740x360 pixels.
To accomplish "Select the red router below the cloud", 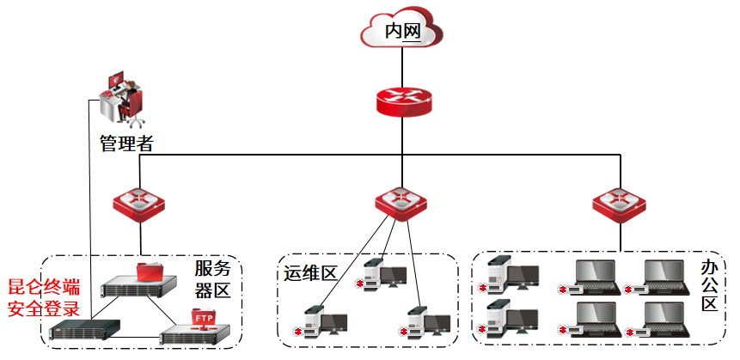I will pos(402,100).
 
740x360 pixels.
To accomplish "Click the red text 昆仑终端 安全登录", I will pos(44,297).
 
